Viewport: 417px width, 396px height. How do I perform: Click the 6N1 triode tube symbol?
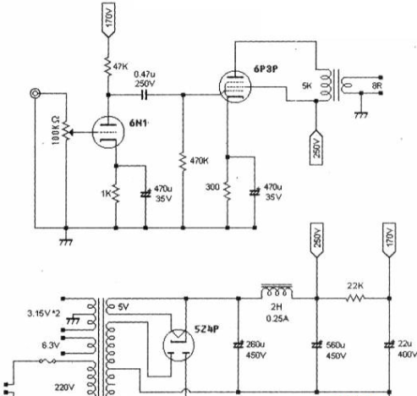click(x=108, y=132)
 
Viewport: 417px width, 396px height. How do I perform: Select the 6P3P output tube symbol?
click(x=235, y=86)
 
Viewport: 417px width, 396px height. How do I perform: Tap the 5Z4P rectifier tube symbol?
click(x=178, y=344)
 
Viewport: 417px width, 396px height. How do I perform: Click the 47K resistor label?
click(x=120, y=67)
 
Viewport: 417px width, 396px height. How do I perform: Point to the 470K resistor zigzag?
click(x=183, y=162)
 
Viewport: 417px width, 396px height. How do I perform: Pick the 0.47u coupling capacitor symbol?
click(x=144, y=95)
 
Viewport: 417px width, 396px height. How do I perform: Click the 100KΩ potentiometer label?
click(x=56, y=130)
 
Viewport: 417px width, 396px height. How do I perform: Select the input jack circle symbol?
click(x=36, y=93)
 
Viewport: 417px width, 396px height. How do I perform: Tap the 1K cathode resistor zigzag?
click(x=116, y=194)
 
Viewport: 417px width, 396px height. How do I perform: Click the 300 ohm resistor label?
click(x=212, y=187)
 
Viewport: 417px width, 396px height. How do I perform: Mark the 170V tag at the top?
click(x=108, y=19)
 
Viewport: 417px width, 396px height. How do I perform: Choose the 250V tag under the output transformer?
click(x=316, y=147)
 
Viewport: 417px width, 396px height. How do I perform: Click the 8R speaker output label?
click(x=377, y=85)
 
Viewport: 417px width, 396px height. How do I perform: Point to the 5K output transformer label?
click(x=307, y=85)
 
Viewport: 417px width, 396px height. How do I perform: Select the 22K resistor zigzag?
click(x=355, y=298)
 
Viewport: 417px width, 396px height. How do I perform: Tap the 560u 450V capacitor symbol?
click(x=316, y=344)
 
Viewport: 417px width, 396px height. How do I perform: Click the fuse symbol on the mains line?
click(x=47, y=360)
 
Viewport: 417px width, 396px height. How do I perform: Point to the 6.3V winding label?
click(x=51, y=345)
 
